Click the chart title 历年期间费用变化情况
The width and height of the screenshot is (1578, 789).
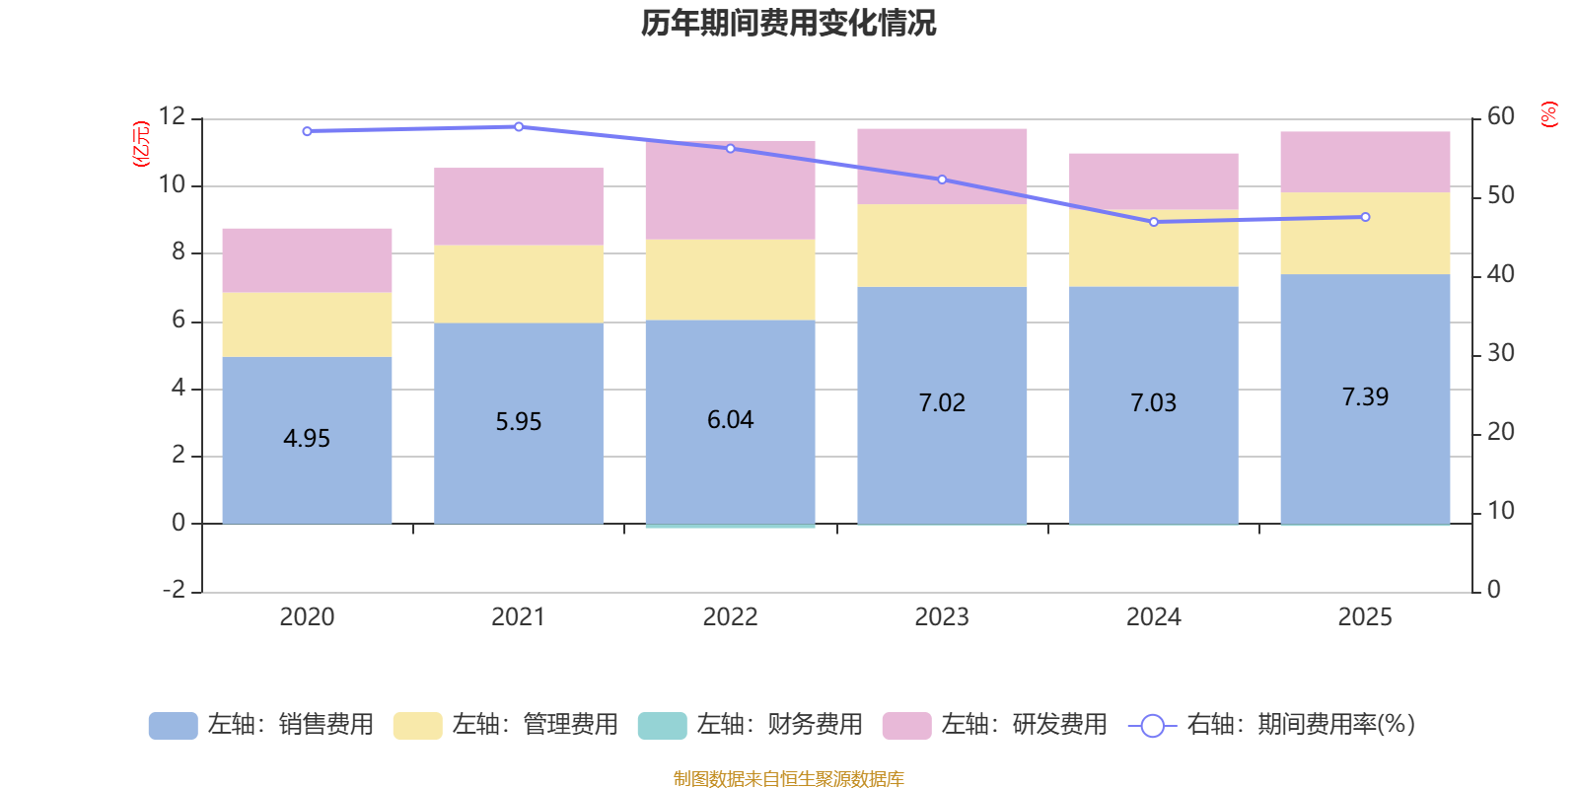tap(788, 23)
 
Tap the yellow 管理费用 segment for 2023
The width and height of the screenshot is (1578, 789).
tap(942, 246)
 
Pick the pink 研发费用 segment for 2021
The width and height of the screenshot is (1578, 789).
tap(519, 206)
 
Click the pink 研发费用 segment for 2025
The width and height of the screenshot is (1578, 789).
tap(1365, 162)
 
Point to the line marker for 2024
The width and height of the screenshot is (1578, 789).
tap(1154, 222)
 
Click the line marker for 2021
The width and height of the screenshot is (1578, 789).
tap(519, 126)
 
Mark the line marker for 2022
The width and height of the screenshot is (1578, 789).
tap(731, 148)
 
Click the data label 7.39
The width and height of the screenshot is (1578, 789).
tap(1365, 397)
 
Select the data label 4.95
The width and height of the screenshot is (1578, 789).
tap(307, 439)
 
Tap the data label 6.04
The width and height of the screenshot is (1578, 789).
tap(731, 420)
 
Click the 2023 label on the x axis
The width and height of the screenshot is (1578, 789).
tap(942, 617)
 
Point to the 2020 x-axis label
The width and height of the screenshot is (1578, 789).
tap(307, 617)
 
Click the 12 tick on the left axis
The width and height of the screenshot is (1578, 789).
tap(172, 116)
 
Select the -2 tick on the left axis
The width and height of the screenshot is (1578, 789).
tap(174, 590)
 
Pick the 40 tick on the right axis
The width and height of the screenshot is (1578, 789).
tap(1500, 274)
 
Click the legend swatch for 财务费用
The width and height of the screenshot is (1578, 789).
tap(662, 726)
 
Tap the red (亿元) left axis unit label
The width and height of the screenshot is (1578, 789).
tap(141, 143)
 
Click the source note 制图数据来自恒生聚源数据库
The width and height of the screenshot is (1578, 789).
tap(788, 779)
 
